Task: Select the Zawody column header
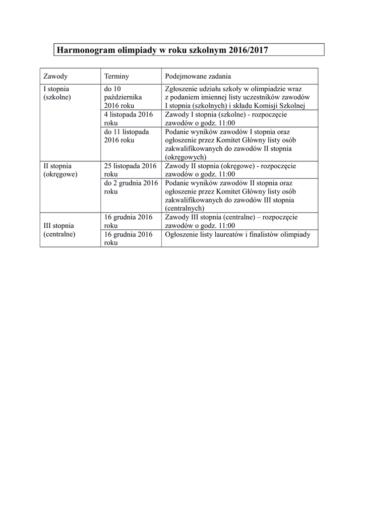55,76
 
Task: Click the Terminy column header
116,76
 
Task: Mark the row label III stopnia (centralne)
59,230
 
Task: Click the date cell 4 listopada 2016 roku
128,119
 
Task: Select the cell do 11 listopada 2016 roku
126,136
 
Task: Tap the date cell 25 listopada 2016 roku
130,170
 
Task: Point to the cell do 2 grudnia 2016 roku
131,187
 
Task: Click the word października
123,97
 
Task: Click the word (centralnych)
184,208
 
